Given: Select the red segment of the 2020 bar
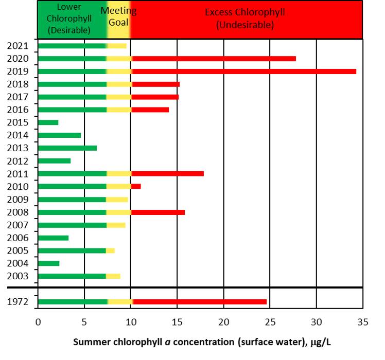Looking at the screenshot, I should [214, 58].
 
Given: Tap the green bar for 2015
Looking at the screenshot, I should [48, 122].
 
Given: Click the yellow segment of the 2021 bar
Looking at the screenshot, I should [117, 46].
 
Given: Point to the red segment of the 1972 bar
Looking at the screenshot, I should [200, 301].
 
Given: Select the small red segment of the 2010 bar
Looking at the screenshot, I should [136, 186].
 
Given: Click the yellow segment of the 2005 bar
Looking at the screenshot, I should [110, 250].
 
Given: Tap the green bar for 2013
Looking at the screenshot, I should [67, 148].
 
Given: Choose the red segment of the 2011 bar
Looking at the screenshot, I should [167, 173].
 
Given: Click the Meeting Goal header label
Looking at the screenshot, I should [118, 16].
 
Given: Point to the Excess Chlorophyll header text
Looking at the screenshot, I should [244, 18].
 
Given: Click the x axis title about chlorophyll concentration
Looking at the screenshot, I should [205, 342].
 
